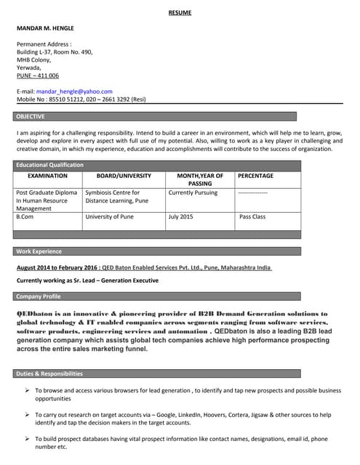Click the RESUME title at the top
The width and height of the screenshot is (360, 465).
(180, 13)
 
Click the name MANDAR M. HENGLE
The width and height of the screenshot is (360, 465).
(45, 28)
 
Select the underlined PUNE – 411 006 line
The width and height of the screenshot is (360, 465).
(38, 76)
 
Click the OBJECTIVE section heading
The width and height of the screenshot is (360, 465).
(31, 116)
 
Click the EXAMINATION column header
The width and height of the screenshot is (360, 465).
(47, 176)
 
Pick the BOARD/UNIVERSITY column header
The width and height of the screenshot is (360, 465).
(124, 176)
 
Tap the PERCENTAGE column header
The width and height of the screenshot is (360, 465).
(255, 176)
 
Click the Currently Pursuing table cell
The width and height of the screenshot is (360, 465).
(193, 193)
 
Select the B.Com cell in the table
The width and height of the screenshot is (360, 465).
(25, 217)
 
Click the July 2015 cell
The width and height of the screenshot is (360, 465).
(180, 217)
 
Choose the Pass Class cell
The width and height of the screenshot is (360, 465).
(252, 217)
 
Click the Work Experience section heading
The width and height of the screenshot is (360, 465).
(39, 251)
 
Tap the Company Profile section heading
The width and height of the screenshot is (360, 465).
(39, 296)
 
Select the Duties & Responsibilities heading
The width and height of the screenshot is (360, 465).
(49, 373)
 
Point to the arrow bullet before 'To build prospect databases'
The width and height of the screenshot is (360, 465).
(27, 439)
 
